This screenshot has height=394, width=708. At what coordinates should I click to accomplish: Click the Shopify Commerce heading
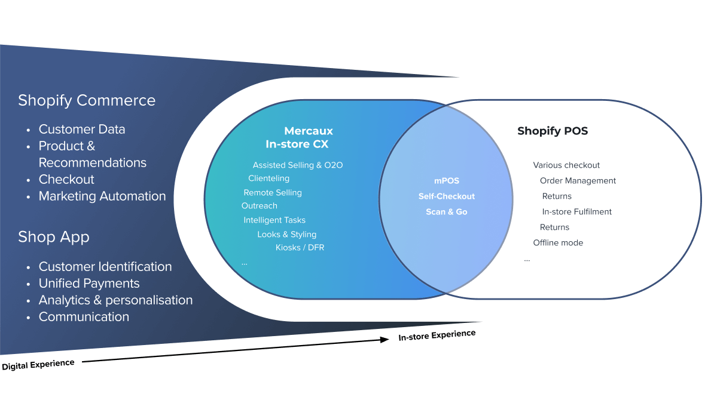(x=87, y=100)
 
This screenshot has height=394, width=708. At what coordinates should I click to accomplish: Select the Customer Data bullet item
(x=82, y=129)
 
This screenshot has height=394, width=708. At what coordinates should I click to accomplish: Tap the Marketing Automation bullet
(x=102, y=196)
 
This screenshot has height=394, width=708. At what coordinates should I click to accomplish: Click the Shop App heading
(x=54, y=237)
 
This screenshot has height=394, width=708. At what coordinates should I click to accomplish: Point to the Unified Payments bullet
(x=89, y=284)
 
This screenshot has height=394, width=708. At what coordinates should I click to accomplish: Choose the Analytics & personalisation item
(x=115, y=300)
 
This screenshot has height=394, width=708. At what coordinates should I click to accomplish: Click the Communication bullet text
(x=84, y=317)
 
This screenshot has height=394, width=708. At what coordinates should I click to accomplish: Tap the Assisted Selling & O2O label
(x=298, y=165)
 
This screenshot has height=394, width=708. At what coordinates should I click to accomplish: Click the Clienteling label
(x=268, y=178)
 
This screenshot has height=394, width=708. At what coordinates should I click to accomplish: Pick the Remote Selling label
(x=273, y=193)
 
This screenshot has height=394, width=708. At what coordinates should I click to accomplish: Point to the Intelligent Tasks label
(x=274, y=220)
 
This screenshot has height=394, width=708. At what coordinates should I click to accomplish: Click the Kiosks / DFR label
(x=300, y=248)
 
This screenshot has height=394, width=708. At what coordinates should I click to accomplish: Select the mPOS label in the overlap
(x=446, y=181)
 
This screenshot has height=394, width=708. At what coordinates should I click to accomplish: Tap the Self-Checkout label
(x=446, y=196)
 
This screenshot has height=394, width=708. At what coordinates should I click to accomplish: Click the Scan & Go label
(x=446, y=212)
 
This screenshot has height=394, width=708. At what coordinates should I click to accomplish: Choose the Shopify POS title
(x=553, y=131)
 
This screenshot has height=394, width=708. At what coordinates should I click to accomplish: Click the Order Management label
(x=578, y=181)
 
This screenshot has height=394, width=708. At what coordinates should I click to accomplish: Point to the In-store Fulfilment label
(x=577, y=212)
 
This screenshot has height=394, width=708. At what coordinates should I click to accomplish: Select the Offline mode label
(x=558, y=243)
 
